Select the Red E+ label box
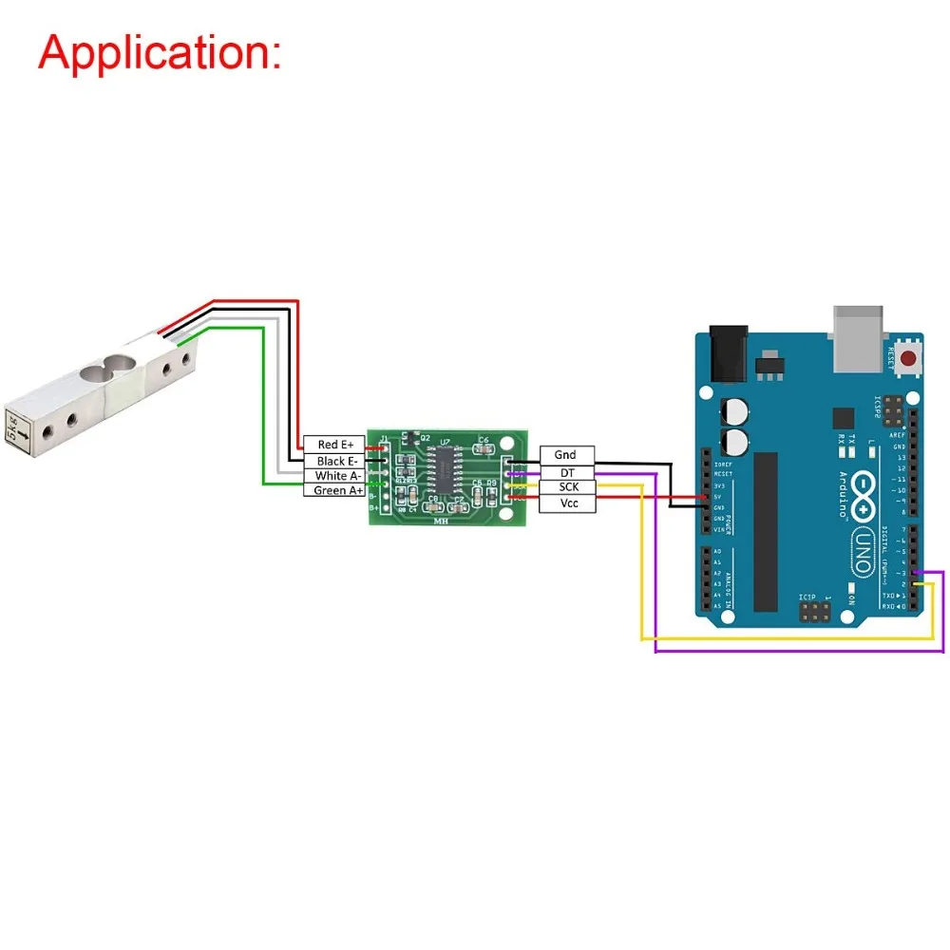[x=333, y=445]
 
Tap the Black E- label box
[x=333, y=461]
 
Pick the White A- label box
[x=333, y=476]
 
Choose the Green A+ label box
[x=333, y=490]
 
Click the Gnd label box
[x=567, y=455]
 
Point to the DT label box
[x=567, y=472]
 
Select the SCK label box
[x=567, y=487]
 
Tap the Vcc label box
[x=567, y=503]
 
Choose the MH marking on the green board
[x=442, y=520]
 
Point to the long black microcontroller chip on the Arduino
[x=766, y=531]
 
